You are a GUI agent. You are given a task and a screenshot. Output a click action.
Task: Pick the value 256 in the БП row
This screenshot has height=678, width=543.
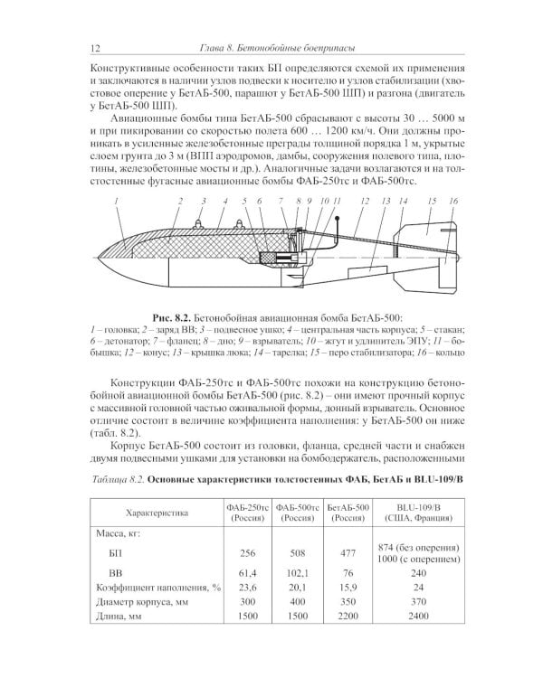(x=247, y=552)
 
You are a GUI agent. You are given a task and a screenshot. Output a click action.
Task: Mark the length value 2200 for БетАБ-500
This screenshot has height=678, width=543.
(x=347, y=617)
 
